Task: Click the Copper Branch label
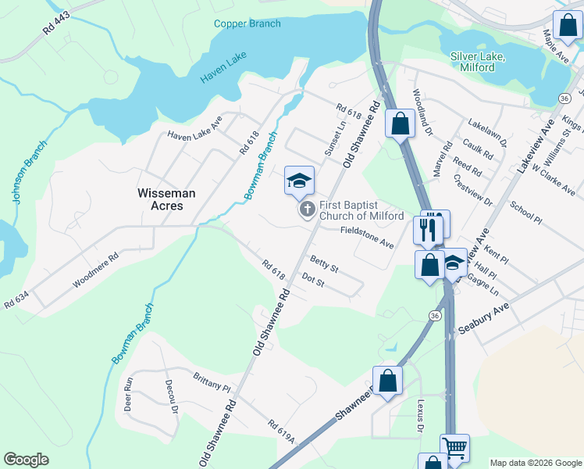[x=247, y=23]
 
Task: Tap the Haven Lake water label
[x=223, y=73]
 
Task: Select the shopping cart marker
[x=454, y=448]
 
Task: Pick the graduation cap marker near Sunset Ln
[x=298, y=181]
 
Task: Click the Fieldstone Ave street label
[x=366, y=238]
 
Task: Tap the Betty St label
[x=324, y=263]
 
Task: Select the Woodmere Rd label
[x=95, y=268]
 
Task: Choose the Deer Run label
[x=129, y=396]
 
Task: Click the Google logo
[x=26, y=460]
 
